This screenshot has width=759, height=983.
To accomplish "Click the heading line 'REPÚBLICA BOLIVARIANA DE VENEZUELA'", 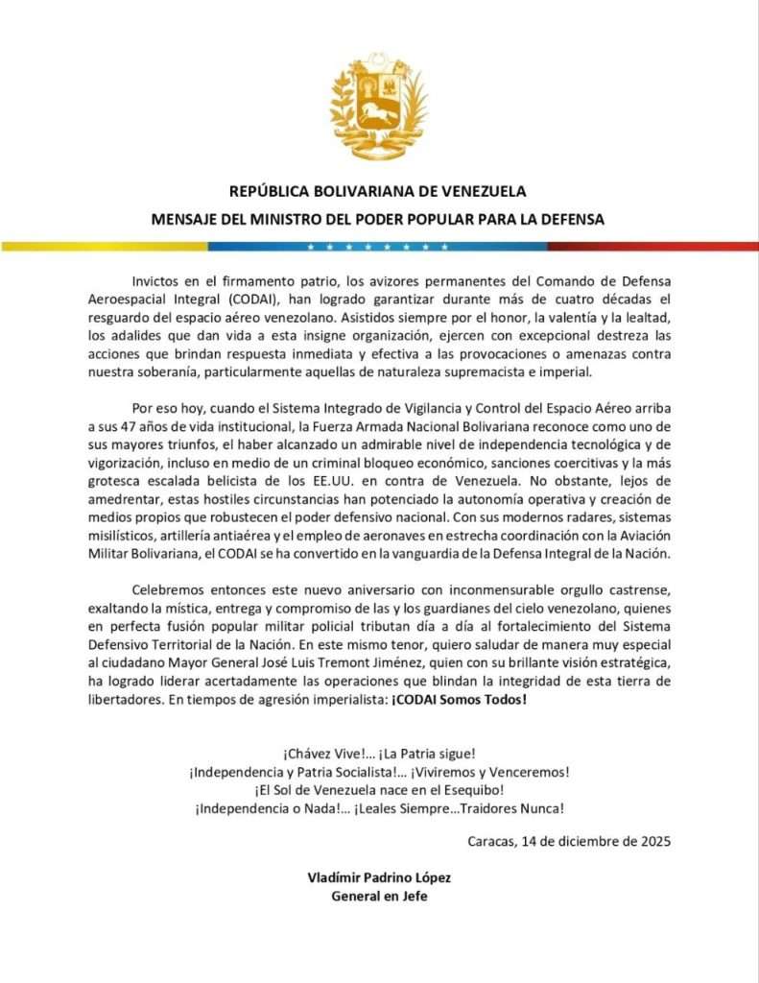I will click(379, 191).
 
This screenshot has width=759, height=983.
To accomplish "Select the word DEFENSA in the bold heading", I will click(571, 219).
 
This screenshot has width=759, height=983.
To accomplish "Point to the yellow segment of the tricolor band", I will click(106, 246).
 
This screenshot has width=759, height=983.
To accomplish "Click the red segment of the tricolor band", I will click(652, 246).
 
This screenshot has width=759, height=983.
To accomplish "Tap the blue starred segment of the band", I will click(378, 246).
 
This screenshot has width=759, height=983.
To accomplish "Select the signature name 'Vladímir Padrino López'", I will click(379, 877).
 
